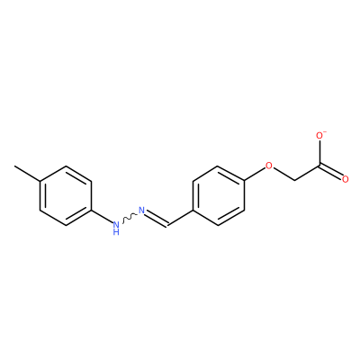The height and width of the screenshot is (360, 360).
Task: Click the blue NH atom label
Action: tap(116, 228)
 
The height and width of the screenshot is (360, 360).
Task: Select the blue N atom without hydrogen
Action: tap(141, 211)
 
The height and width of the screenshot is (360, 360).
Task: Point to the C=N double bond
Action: tap(157, 219)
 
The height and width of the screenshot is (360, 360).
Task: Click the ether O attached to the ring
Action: tap(269, 166)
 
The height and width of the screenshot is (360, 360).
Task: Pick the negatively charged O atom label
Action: tap(320, 136)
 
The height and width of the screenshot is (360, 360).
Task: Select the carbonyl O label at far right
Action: tap(346, 180)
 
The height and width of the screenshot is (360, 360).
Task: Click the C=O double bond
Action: tap(331, 172)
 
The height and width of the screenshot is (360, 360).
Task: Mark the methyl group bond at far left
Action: tap(27, 173)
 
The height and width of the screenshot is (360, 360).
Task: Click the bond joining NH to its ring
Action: tap(101, 217)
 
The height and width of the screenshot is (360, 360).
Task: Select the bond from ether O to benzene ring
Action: tap(255, 174)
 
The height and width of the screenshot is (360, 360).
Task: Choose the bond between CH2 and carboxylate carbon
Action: tap(308, 173)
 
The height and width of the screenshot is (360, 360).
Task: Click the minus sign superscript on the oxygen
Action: tap(326, 131)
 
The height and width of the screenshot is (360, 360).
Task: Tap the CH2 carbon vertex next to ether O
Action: tap(295, 180)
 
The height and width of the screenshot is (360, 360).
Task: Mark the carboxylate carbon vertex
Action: tap(320, 165)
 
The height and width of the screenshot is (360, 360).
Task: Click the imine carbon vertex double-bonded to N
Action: tap(168, 225)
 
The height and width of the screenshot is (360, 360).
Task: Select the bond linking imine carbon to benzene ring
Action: tap(181, 218)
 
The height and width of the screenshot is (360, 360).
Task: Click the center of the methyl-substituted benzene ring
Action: tap(66, 195)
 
